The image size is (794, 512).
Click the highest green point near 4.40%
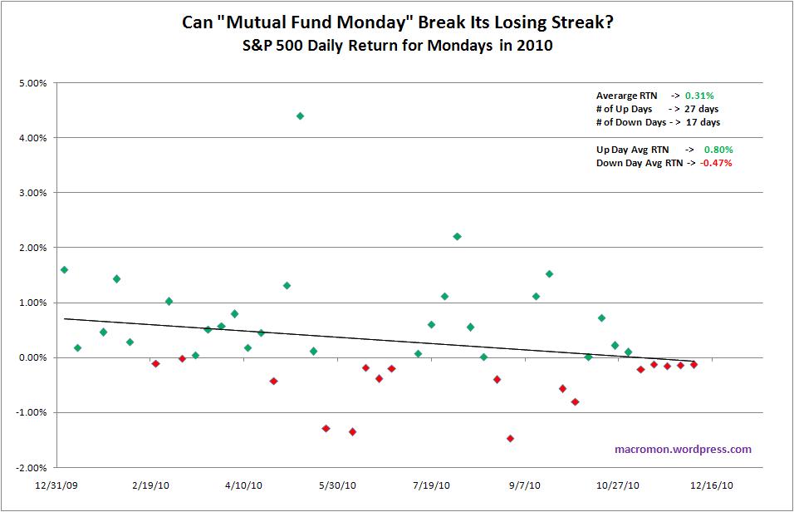[300, 116]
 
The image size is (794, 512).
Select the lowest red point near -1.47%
[510, 438]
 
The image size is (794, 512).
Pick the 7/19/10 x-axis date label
[431, 486]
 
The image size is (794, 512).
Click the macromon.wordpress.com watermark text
[683, 449]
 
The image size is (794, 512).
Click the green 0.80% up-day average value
[718, 150]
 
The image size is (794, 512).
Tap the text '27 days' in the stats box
[702, 109]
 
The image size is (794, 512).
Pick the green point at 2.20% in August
[457, 236]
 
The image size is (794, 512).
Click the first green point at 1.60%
[64, 269]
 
